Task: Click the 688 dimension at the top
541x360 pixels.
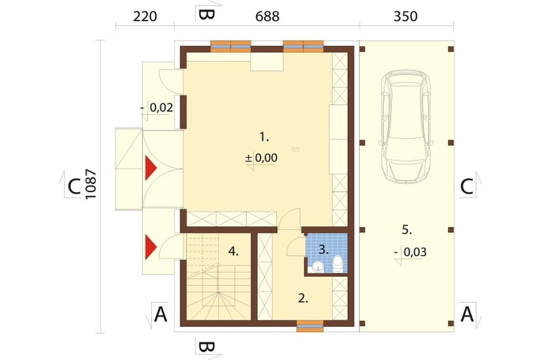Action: tap(267, 16)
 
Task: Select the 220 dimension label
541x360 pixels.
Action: tap(145, 16)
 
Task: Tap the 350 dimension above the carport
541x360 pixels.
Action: tap(405, 16)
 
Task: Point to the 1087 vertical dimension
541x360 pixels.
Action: tap(91, 184)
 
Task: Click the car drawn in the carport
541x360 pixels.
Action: tap(406, 126)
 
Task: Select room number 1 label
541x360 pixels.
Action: tap(264, 137)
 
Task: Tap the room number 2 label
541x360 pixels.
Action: tap(303, 298)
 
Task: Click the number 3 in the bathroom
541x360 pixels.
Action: tap(323, 249)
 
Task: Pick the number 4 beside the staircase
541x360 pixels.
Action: tap(233, 251)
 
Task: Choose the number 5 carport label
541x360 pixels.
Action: tap(407, 229)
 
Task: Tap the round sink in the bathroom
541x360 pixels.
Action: tap(318, 266)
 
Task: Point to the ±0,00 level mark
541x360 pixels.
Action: tap(261, 158)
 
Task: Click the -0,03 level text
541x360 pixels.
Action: tap(411, 252)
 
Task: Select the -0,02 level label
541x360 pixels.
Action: tap(156, 108)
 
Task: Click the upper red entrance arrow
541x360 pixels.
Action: tap(151, 168)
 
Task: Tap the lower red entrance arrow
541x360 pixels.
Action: tap(151, 247)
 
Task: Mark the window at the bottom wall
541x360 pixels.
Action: tap(310, 326)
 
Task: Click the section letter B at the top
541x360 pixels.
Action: tap(207, 14)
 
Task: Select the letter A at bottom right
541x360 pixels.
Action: tap(467, 314)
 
